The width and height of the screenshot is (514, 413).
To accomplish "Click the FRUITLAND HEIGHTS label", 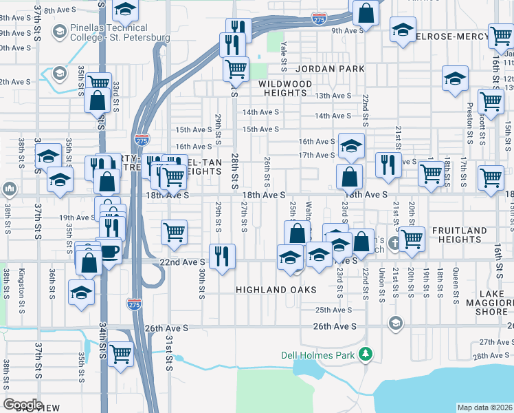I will pyautogui.click(x=460, y=235).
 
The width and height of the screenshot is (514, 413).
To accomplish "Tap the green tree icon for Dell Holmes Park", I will pyautogui.click(x=367, y=354).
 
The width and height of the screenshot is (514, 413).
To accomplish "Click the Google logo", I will pyautogui.click(x=23, y=405).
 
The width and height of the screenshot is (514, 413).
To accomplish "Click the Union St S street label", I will pyautogui.click(x=381, y=286).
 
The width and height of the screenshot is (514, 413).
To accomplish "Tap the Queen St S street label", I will pyautogui.click(x=456, y=285).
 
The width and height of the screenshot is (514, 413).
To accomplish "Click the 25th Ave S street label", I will pyautogui.click(x=333, y=310).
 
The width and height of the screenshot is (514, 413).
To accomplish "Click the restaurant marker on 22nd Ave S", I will pyautogui.click(x=221, y=257).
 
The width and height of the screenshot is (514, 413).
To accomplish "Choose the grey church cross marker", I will pyautogui.click(x=394, y=242).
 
